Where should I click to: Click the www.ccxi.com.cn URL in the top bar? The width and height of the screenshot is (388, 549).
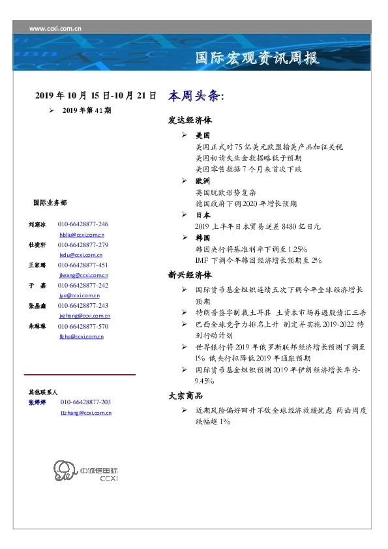pyautogui.click(x=55, y=27)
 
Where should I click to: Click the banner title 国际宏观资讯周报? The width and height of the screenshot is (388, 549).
pyautogui.click(x=258, y=58)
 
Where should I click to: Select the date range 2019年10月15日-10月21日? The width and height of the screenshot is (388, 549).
pyautogui.click(x=95, y=95)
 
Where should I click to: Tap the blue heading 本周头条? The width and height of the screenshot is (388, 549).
pyautogui.click(x=196, y=96)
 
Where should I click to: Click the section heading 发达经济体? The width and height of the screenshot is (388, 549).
pyautogui.click(x=189, y=121)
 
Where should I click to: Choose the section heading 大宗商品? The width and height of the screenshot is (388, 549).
pyautogui.click(x=185, y=396)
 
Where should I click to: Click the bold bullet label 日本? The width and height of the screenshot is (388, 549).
pyautogui.click(x=203, y=215)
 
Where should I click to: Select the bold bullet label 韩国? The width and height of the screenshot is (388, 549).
pyautogui.click(x=203, y=238)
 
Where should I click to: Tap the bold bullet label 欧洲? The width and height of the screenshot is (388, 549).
pyautogui.click(x=203, y=181)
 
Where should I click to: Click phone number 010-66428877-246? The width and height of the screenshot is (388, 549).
pyautogui.click(x=83, y=224)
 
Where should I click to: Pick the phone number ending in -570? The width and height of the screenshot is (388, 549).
pyautogui.click(x=83, y=326)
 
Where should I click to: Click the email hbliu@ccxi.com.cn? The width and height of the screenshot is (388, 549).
pyautogui.click(x=82, y=234)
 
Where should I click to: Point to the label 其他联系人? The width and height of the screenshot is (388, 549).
pyautogui.click(x=43, y=393)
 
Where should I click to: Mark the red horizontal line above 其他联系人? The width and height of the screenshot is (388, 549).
pyautogui.click(x=80, y=375)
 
